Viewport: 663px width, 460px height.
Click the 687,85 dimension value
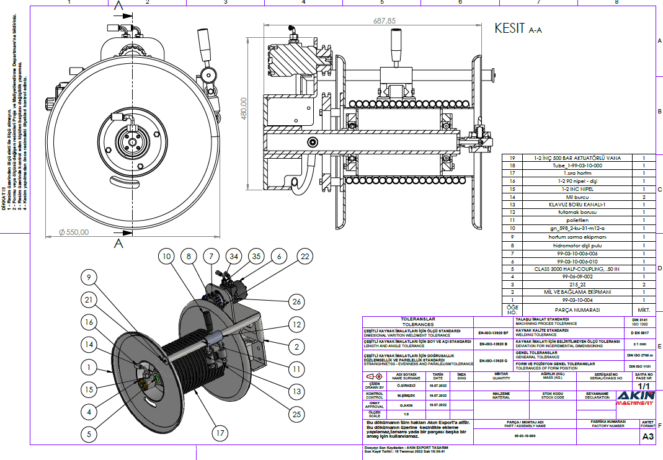(384, 21)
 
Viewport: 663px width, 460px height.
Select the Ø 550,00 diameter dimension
(74, 232)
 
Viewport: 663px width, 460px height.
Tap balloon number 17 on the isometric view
(218, 435)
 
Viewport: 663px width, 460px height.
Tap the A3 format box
(647, 436)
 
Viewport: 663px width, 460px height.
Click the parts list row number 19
(512, 158)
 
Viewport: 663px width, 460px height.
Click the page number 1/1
(644, 385)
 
